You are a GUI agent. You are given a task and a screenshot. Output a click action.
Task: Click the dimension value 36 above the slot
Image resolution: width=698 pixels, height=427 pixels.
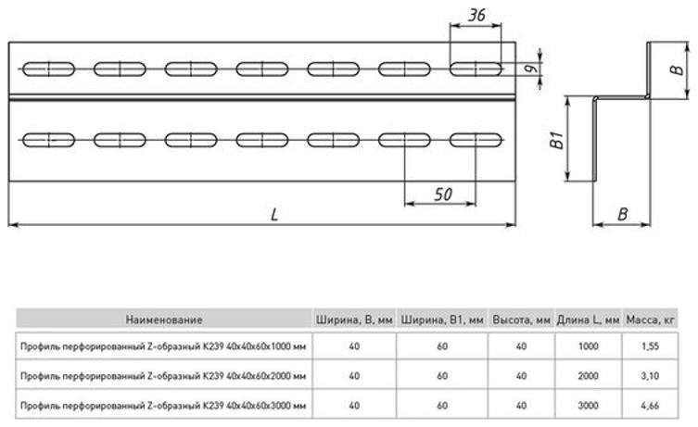476,15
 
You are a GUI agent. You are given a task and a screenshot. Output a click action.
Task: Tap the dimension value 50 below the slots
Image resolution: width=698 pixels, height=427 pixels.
443,195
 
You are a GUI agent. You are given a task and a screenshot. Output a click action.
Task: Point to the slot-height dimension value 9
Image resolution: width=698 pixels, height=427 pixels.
530,69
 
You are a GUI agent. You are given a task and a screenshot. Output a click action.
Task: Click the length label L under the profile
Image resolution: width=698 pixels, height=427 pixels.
274,215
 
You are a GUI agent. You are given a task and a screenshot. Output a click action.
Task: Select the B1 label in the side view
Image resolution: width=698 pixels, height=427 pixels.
556,140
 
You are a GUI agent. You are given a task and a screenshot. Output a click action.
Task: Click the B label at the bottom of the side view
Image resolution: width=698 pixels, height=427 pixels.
622,214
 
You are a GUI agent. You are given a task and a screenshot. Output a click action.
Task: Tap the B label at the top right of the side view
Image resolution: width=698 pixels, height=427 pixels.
677,69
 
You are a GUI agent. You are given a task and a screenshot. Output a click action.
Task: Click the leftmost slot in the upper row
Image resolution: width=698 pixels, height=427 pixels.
48,69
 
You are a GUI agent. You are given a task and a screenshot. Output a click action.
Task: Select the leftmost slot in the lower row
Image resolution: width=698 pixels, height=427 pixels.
48,140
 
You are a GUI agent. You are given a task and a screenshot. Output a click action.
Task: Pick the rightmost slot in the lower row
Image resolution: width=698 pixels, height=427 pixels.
476,140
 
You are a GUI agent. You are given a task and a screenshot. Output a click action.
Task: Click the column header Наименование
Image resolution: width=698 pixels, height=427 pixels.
164,320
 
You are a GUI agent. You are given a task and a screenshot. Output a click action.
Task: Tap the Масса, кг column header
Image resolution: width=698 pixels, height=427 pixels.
651,320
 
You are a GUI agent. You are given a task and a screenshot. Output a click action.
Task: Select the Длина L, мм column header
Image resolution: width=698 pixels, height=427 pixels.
588,320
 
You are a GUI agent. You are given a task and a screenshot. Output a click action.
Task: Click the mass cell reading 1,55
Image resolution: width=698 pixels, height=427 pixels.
651,346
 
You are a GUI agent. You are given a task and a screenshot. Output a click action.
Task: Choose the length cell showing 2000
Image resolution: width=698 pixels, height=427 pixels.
588,376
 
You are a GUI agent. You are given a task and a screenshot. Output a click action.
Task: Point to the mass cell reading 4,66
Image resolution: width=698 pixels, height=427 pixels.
651,406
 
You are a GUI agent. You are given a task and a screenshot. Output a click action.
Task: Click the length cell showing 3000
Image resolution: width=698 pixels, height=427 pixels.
588,406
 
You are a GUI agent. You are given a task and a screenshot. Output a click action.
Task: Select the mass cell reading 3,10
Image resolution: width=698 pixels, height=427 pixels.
651,376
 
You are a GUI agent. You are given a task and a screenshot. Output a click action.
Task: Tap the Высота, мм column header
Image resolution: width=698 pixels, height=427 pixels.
521,320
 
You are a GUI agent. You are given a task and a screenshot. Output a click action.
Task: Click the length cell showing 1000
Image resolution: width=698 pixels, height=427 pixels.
588,346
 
